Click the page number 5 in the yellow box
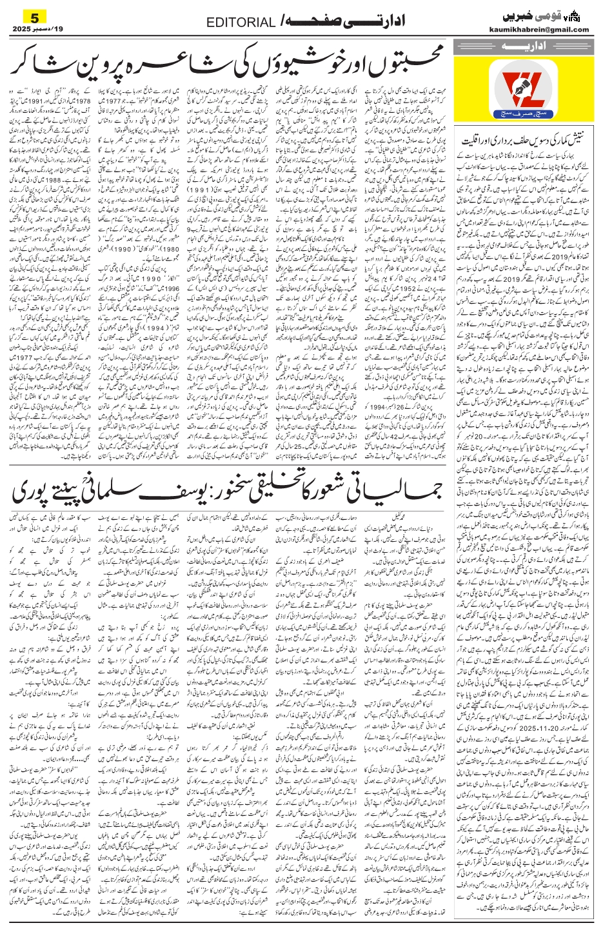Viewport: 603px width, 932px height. (26, 15)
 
